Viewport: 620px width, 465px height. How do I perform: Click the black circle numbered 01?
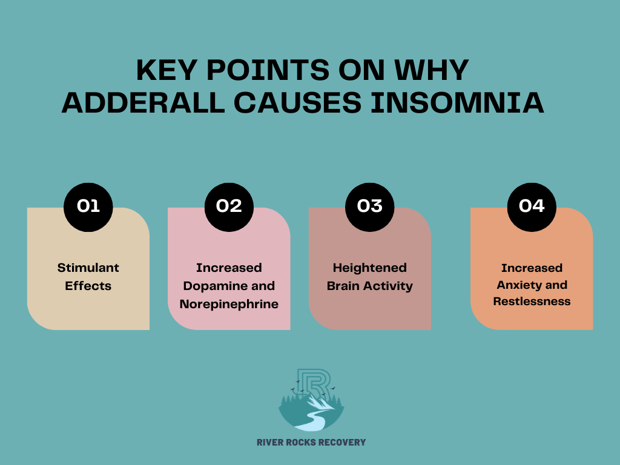click(x=88, y=207)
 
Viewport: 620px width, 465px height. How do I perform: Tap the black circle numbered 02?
click(x=229, y=207)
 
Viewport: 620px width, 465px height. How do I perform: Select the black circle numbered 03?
click(x=370, y=207)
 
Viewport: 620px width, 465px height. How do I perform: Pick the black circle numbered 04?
click(x=532, y=207)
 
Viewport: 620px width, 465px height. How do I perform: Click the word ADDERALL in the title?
click(x=143, y=102)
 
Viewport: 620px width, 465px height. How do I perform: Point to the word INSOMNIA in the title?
click(x=457, y=102)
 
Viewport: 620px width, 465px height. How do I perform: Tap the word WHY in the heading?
click(x=432, y=70)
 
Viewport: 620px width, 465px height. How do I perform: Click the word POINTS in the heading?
click(x=268, y=70)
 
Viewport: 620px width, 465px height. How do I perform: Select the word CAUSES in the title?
click(x=298, y=102)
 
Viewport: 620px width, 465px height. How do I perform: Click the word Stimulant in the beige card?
click(x=88, y=268)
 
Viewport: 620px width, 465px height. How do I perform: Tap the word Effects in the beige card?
click(x=88, y=286)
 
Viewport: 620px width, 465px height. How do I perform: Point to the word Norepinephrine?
click(x=229, y=304)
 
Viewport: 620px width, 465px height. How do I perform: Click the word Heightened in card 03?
click(x=370, y=268)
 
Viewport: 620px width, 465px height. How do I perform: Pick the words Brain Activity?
click(x=370, y=286)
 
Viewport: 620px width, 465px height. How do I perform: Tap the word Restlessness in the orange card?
click(x=532, y=302)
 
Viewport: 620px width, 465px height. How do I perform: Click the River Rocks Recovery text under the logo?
click(x=311, y=443)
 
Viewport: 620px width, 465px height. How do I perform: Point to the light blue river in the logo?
click(x=315, y=421)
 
